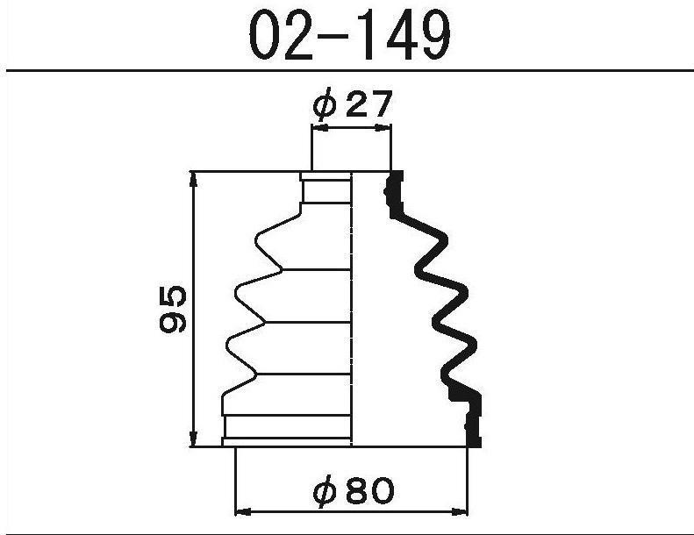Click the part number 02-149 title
click(x=350, y=34)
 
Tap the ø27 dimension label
click(x=353, y=103)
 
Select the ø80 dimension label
click(x=354, y=490)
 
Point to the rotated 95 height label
click(x=173, y=309)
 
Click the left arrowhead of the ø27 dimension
click(x=319, y=128)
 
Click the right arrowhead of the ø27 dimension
click(x=383, y=128)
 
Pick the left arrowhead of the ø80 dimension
click(x=242, y=512)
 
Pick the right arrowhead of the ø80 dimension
click(x=460, y=512)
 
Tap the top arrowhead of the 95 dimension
click(x=193, y=180)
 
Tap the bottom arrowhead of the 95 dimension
click(x=193, y=439)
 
